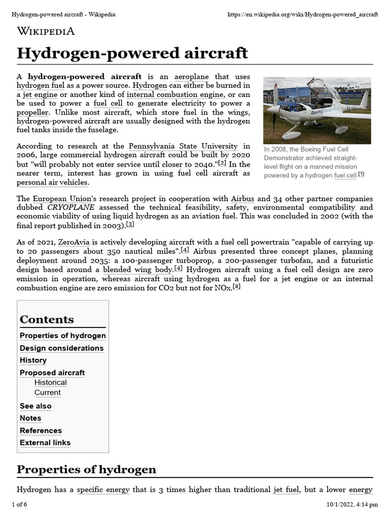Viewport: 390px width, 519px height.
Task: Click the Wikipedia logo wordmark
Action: pyautogui.click(x=46, y=31)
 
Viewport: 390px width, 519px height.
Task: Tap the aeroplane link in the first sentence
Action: pyautogui.click(x=191, y=76)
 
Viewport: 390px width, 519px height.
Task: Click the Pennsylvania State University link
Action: pyautogui.click(x=182, y=146)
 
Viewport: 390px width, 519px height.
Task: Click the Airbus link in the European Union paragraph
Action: pyautogui.click(x=242, y=199)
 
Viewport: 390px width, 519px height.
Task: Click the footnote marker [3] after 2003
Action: pyautogui.click(x=130, y=225)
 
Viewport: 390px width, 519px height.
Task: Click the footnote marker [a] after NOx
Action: pyautogui.click(x=237, y=287)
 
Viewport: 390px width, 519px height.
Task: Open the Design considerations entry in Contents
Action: pyautogui.click(x=61, y=348)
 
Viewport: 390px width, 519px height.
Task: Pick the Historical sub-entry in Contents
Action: pyautogui.click(x=50, y=383)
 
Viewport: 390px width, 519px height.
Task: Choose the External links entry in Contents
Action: pyautogui.click(x=45, y=443)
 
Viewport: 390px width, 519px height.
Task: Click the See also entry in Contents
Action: pyautogui.click(x=36, y=406)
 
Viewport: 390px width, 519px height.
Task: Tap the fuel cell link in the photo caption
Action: pyautogui.click(x=345, y=175)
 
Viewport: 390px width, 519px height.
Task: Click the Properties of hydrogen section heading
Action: pyautogui.click(x=86, y=469)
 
